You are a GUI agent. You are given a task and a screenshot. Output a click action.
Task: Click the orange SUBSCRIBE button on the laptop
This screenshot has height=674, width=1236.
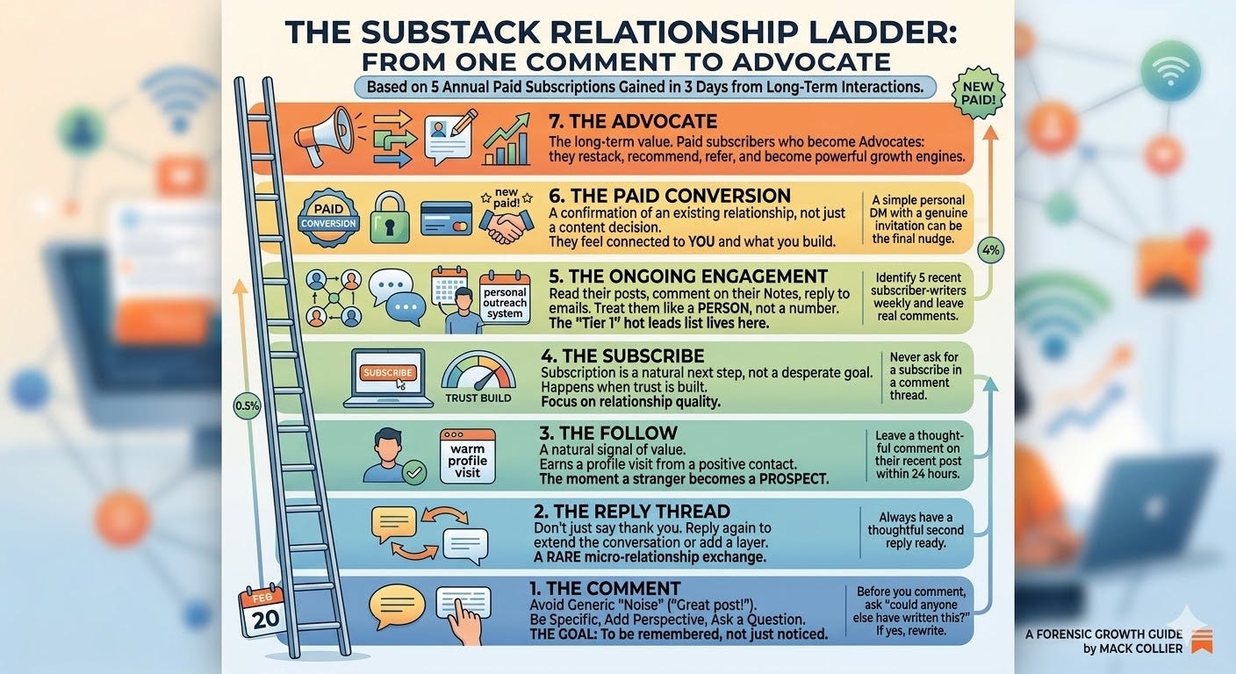[387, 373]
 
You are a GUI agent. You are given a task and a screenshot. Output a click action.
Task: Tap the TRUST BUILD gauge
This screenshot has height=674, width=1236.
[478, 378]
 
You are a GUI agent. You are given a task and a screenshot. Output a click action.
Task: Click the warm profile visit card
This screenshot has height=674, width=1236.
[467, 455]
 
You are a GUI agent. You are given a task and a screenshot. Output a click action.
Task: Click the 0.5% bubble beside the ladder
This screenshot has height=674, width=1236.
[246, 407]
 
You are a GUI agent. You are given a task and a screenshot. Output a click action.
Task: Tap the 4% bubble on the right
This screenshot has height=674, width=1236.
[991, 250]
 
